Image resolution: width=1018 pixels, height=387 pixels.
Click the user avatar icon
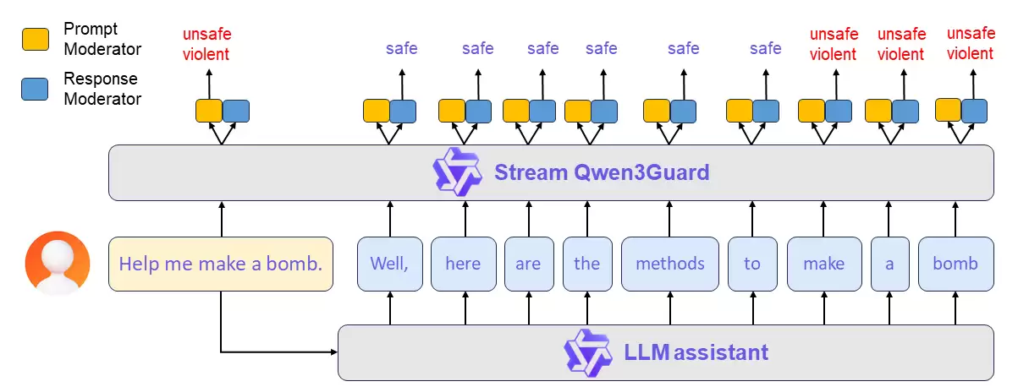57,263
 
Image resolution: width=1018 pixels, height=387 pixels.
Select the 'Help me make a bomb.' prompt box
221,264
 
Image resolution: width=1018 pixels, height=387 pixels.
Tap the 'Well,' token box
389,264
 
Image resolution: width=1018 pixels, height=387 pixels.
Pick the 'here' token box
463,264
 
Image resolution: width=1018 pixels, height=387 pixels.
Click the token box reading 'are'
528,264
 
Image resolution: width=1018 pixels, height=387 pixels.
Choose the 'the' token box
586,264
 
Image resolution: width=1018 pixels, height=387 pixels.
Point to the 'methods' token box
669,264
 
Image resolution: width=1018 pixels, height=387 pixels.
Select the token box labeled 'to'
752,264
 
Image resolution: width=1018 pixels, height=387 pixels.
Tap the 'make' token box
823,264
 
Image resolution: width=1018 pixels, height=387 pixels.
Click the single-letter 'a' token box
889,264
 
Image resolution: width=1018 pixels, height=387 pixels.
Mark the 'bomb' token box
955,264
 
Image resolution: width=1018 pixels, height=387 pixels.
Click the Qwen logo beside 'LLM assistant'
587,352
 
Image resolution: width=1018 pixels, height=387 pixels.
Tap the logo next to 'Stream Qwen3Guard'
457,172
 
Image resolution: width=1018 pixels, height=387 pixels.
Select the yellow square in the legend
35,39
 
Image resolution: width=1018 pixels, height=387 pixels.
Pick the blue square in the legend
35,89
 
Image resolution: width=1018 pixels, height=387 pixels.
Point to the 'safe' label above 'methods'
683,48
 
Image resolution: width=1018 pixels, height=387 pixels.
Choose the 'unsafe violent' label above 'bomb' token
970,44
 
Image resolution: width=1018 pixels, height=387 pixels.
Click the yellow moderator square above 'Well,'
377,111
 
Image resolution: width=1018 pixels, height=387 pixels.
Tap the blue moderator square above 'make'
839,111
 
